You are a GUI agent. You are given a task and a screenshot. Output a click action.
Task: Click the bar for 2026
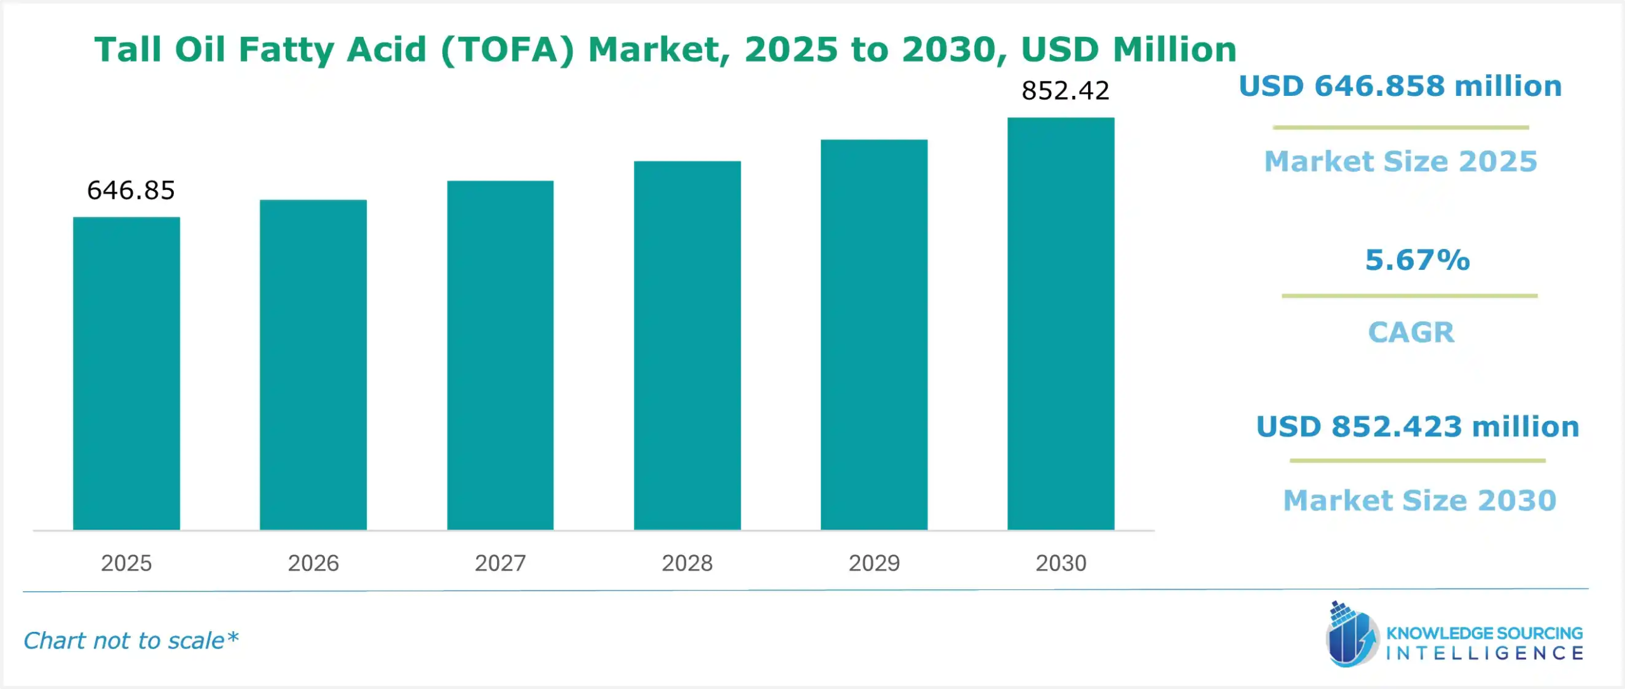(x=313, y=365)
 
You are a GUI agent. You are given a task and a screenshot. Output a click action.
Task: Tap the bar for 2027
(x=500, y=356)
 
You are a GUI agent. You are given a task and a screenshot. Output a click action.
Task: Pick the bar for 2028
(x=687, y=345)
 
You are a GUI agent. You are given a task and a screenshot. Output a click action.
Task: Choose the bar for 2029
(x=874, y=335)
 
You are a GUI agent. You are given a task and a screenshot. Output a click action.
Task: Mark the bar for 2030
(x=1061, y=324)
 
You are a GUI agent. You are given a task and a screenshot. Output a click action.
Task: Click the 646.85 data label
(x=131, y=191)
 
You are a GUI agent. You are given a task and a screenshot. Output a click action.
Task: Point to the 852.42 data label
(x=1065, y=91)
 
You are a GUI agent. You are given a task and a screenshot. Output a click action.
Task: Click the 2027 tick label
(x=500, y=563)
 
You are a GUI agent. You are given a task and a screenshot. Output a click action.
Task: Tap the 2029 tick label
(x=874, y=563)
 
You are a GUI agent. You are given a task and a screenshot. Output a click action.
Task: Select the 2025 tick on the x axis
(x=126, y=563)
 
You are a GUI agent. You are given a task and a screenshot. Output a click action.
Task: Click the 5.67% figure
(x=1417, y=260)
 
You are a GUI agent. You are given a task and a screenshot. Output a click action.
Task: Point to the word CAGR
(x=1410, y=332)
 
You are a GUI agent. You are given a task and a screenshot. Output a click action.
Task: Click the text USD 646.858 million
(x=1400, y=86)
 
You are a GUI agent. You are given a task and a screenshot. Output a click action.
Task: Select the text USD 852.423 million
(x=1417, y=427)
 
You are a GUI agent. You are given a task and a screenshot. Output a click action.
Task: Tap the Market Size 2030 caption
(x=1419, y=500)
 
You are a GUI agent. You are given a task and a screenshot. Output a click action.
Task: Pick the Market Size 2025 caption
(x=1400, y=161)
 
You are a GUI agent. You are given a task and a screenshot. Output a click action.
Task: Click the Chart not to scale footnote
(x=131, y=641)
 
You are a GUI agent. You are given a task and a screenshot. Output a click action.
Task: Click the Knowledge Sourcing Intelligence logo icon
(x=1351, y=635)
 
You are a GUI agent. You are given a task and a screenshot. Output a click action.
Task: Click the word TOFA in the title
(x=508, y=50)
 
